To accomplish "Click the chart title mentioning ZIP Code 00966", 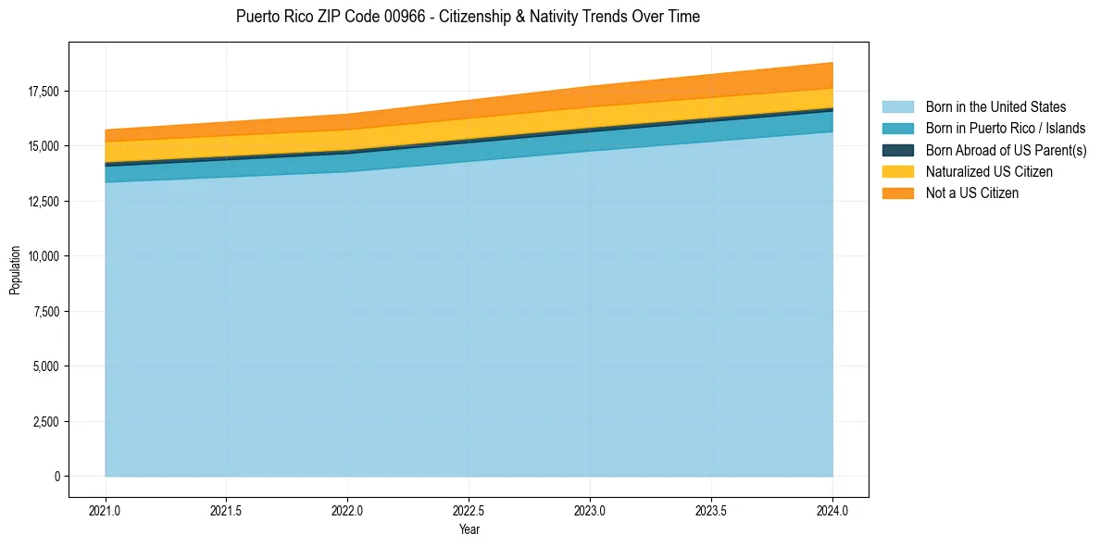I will click(468, 17).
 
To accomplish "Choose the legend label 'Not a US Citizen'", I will click(971, 193).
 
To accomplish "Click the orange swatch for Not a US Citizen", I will click(897, 193).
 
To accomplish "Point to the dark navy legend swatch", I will click(897, 150).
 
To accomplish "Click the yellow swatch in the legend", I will click(897, 172).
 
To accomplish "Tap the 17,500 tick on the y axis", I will click(43, 92).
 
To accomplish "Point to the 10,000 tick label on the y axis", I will click(43, 256).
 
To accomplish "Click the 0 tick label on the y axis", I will click(56, 477).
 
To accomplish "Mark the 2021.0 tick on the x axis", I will click(106, 510).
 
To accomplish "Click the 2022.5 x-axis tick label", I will click(469, 510).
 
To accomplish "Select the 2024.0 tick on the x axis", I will click(832, 510).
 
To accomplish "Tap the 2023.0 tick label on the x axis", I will click(590, 510).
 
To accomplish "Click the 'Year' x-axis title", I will click(469, 529).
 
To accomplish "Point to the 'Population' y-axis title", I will click(15, 270).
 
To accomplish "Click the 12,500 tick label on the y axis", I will click(43, 202).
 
